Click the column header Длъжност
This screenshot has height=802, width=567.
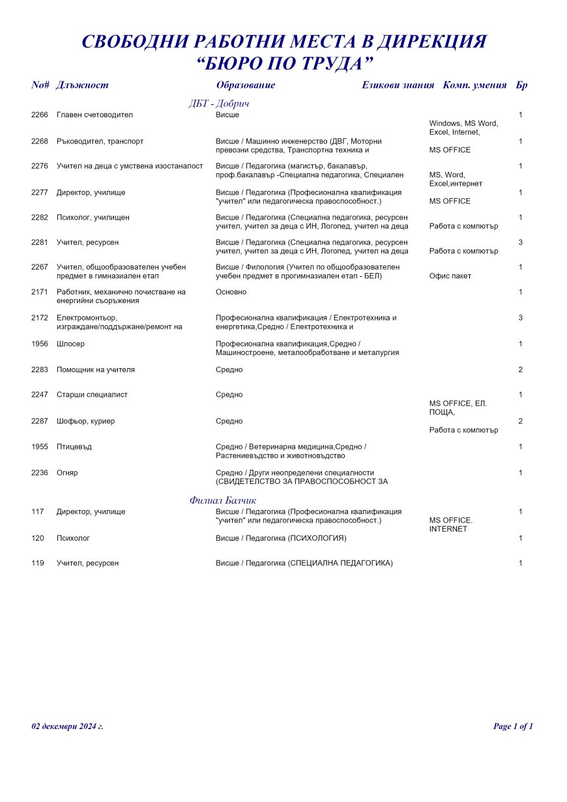click(x=82, y=85)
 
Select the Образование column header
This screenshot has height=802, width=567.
click(x=245, y=85)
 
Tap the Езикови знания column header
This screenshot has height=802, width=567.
click(x=398, y=85)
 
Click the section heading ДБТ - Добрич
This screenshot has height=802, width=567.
click(x=219, y=104)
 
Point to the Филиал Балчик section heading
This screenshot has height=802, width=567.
click(x=223, y=500)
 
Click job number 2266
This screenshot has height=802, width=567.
click(x=40, y=115)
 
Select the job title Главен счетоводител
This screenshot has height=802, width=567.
click(x=94, y=115)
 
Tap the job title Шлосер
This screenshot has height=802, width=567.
click(x=70, y=344)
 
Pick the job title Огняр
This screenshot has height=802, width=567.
click(x=67, y=473)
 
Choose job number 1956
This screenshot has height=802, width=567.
click(x=40, y=344)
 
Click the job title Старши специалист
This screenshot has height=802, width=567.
click(x=92, y=395)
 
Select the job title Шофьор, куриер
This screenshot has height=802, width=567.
click(x=85, y=422)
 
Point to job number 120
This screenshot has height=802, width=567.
click(x=37, y=539)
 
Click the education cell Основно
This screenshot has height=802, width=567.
click(x=231, y=293)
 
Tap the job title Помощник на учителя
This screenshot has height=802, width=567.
click(x=96, y=370)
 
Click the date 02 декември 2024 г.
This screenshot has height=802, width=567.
click(x=67, y=726)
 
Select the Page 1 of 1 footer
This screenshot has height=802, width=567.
click(x=513, y=726)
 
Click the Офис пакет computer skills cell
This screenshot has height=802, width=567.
click(x=450, y=276)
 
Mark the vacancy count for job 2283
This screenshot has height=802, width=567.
click(x=520, y=370)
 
